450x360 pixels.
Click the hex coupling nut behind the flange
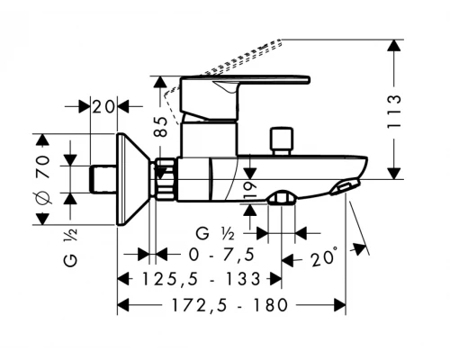[163, 177]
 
